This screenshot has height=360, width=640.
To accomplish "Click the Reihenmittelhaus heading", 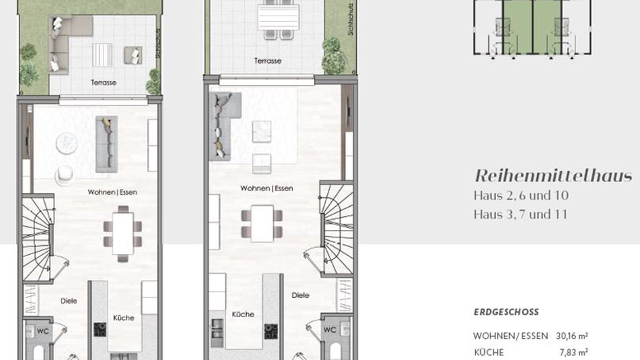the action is tap(553, 175).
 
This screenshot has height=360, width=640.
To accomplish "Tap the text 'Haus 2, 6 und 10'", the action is tap(521, 195).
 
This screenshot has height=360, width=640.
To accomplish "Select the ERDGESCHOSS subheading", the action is tap(506, 311).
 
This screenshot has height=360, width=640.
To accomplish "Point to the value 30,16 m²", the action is tap(571, 336).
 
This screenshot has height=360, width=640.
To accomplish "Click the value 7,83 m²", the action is tap(573, 352).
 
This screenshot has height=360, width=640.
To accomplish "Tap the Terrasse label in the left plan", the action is tap(103, 82).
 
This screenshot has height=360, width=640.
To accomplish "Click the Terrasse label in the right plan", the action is tap(267, 61).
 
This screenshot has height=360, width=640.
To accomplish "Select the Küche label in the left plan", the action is tap(123, 317).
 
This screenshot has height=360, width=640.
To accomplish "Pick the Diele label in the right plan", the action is tap(300, 295).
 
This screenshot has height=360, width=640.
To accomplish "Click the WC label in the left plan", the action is tap(43, 331).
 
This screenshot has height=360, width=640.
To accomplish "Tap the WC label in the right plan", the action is tap(329, 329).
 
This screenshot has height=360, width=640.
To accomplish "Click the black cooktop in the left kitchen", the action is tap(100, 329).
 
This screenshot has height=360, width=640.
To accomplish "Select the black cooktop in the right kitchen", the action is tap(271, 331).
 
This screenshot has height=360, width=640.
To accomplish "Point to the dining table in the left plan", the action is tap(123, 233).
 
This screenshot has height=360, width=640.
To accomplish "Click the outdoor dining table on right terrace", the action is tap(278, 17).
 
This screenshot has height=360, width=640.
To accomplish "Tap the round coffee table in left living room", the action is tap(67, 143).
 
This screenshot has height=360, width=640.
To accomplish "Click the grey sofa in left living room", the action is tap(106, 144).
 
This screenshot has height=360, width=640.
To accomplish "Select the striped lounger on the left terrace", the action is tap(102, 55).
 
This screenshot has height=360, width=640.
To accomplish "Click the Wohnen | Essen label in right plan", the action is tap(266, 188).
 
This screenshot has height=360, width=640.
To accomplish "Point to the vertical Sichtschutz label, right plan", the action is tap(351, 19).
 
